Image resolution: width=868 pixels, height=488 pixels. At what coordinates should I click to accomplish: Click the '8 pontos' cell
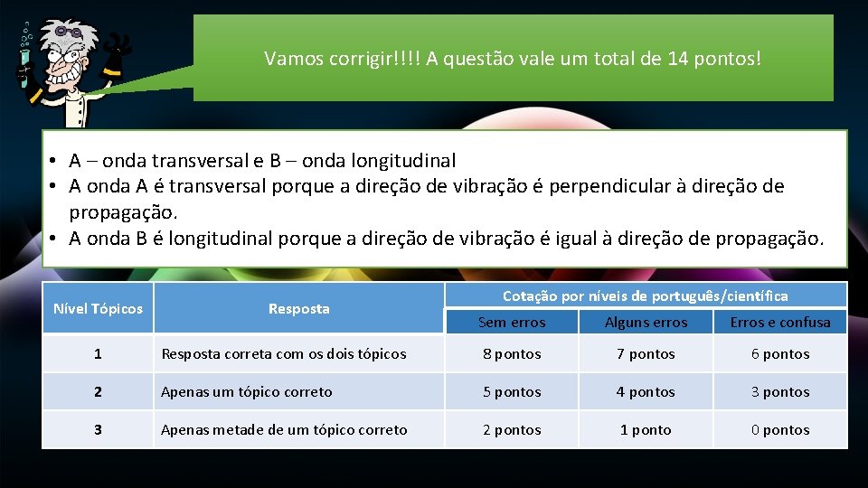(x=512, y=354)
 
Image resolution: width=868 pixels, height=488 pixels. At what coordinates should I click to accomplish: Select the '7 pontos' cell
(x=646, y=354)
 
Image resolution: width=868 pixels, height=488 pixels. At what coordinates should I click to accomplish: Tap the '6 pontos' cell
(x=780, y=354)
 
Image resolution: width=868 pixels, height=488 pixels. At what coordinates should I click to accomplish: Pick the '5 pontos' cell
(x=512, y=392)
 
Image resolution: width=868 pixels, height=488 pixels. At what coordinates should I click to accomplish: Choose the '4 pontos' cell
(x=646, y=392)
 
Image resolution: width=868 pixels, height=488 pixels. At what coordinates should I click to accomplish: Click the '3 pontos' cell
(x=780, y=392)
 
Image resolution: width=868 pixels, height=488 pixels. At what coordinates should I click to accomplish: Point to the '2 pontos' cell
(x=512, y=430)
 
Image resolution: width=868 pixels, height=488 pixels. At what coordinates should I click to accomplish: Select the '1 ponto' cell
(x=646, y=430)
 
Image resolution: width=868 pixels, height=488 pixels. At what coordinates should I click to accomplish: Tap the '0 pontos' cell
(x=780, y=430)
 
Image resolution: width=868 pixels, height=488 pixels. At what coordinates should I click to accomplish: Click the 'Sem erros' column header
(x=512, y=322)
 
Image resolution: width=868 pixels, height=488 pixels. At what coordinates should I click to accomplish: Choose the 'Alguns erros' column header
(x=646, y=322)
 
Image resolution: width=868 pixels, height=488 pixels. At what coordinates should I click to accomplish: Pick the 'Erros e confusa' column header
(x=780, y=322)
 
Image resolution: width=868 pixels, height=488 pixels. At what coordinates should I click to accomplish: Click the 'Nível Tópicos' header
(x=98, y=309)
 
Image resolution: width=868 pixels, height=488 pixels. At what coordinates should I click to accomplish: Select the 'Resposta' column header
(x=298, y=309)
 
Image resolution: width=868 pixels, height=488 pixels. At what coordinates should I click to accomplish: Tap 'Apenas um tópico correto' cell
(x=247, y=392)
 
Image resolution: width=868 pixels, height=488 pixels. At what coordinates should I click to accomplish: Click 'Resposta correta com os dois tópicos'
(x=284, y=354)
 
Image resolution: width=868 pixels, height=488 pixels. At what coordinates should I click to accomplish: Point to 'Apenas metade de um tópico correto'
(x=284, y=430)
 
